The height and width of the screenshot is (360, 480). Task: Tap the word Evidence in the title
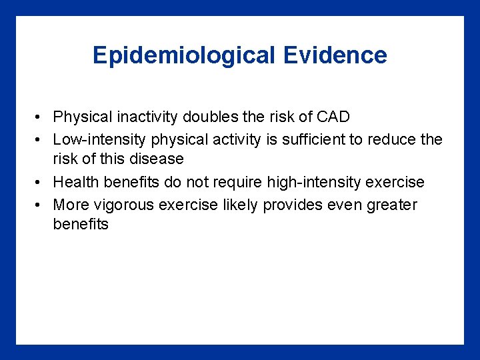pos(335,55)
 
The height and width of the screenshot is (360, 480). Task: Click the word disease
pos(157,159)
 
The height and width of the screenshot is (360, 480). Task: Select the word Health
pos(75,183)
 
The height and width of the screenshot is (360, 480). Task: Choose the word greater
pos(391,205)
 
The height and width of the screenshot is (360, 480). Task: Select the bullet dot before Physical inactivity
pos(40,118)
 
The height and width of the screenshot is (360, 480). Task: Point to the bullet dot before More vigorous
pos(40,205)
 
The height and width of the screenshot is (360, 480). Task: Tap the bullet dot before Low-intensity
pos(40,140)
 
